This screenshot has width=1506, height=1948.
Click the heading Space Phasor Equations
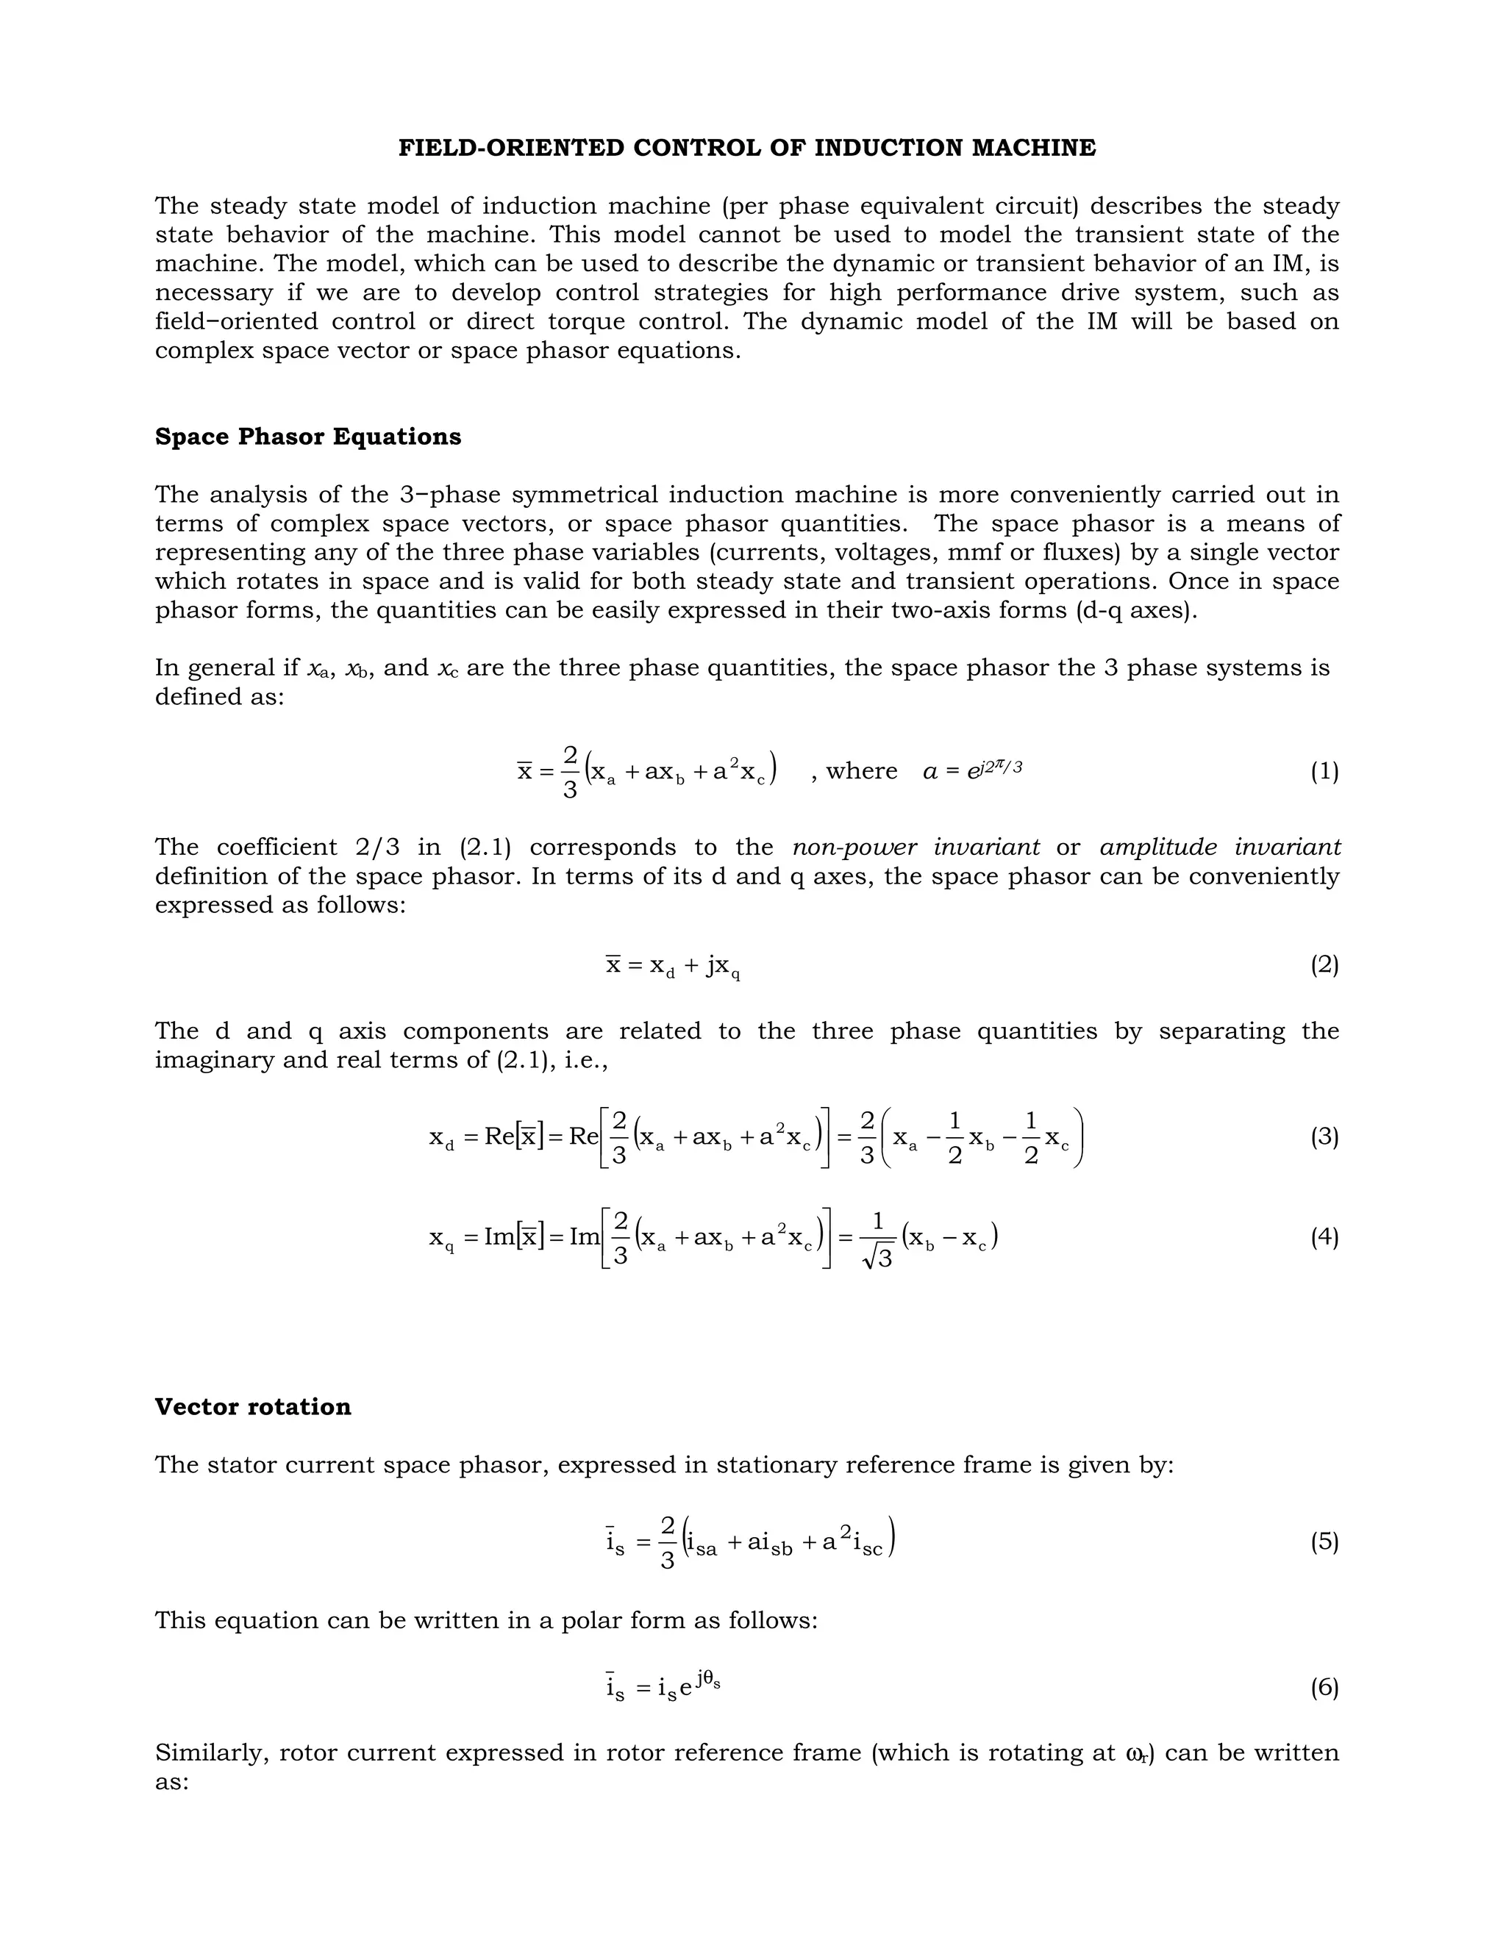coord(308,437)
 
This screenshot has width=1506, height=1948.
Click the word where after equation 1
coord(861,772)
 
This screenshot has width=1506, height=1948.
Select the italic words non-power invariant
coord(916,848)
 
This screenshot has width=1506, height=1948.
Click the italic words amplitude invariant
coord(1220,848)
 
